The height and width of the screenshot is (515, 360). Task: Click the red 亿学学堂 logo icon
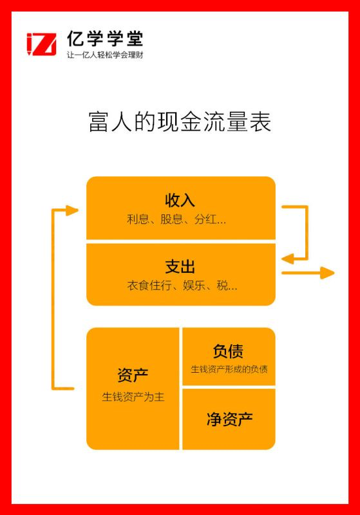tap(41, 44)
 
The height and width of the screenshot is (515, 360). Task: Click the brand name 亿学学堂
tap(105, 39)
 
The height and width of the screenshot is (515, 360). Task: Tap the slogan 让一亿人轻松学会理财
tap(105, 55)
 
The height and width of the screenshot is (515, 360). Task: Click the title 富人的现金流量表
tap(180, 122)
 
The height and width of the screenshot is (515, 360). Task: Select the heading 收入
tap(180, 200)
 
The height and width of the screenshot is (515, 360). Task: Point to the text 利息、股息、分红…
tap(176, 219)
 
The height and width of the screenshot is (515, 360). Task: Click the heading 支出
tap(180, 267)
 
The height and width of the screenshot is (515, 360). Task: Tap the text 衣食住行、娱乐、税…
tap(182, 285)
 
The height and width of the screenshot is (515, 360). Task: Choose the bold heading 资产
tap(133, 375)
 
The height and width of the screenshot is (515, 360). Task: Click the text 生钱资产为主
tap(133, 397)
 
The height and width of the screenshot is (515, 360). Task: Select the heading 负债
tap(228, 351)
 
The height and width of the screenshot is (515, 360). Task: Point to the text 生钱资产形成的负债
tap(229, 369)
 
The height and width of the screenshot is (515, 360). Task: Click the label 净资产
tap(230, 419)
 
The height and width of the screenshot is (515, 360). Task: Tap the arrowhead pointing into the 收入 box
tap(72, 211)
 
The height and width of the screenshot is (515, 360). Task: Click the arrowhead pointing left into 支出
tap(287, 259)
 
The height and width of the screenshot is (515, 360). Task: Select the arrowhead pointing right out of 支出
tap(327, 272)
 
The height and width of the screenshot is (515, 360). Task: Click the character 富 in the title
tap(99, 122)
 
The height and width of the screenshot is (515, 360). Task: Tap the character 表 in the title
tap(260, 122)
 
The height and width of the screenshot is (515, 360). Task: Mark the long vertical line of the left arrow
tap(53, 299)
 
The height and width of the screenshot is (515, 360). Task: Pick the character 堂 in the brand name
tap(135, 39)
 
